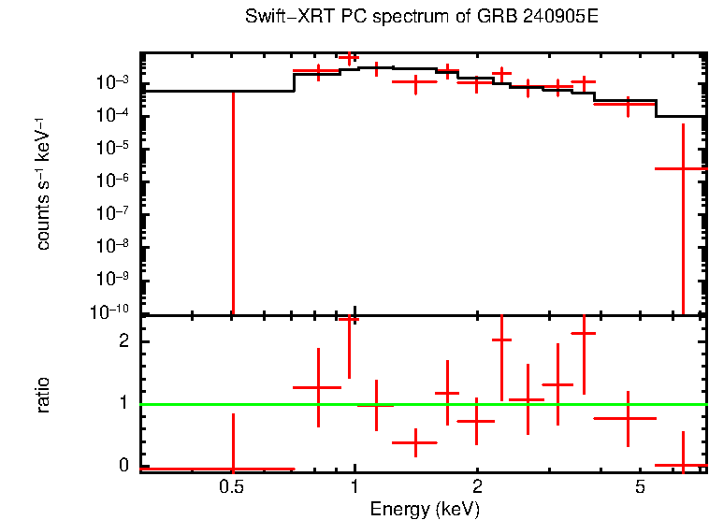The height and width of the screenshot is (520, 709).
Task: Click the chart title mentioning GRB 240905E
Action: (x=421, y=18)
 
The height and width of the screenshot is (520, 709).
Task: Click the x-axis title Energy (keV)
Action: (x=424, y=509)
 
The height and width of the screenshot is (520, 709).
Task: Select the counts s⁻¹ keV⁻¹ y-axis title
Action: (x=43, y=184)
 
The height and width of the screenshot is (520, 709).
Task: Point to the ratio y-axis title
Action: (x=43, y=395)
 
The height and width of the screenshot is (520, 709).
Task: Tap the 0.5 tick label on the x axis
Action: (x=232, y=487)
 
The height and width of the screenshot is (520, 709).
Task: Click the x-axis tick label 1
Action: (x=354, y=487)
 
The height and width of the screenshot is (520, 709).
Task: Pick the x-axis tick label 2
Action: (x=477, y=487)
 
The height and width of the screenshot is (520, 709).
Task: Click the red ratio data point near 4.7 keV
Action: (x=627, y=418)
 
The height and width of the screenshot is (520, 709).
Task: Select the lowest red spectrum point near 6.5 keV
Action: (x=683, y=168)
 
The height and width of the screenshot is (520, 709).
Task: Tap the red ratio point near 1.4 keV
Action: (x=414, y=442)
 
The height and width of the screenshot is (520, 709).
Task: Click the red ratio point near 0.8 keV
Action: (x=318, y=387)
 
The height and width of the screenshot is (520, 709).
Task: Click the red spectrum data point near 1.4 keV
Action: (x=414, y=81)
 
